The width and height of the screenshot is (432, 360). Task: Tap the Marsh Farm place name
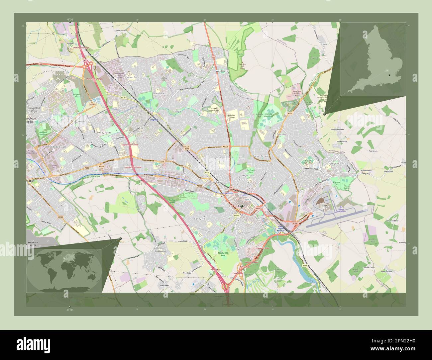point(160,93)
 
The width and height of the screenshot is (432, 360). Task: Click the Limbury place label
point(176,111)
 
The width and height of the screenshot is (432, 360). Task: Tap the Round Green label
point(260,156)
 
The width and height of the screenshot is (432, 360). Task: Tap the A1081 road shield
point(295,223)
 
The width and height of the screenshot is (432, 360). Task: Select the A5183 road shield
point(60,217)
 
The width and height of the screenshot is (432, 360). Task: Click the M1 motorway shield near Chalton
point(85,60)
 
